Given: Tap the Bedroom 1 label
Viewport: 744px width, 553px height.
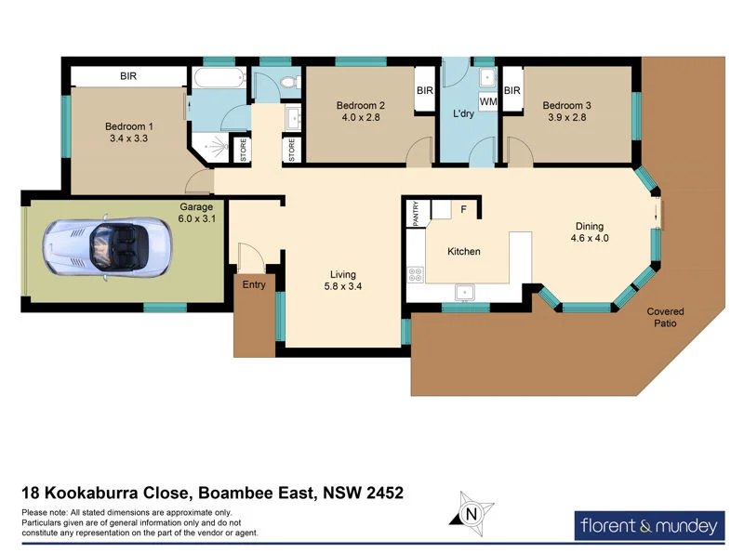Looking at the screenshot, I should tap(129, 126).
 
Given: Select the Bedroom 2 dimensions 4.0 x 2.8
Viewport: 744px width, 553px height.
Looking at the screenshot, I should tap(361, 119).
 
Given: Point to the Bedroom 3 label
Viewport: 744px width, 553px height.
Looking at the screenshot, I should tap(566, 106).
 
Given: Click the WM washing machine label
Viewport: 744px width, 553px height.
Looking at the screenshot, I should tap(487, 100).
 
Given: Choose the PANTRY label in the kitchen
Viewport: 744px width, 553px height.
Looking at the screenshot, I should tap(415, 214).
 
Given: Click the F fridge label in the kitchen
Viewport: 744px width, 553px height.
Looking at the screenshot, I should tap(461, 210).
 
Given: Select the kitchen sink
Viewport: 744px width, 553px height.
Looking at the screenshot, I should tap(461, 292).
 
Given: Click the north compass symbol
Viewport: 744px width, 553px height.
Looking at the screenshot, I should tap(472, 512).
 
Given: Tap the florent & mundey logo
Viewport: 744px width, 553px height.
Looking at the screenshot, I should tap(649, 526).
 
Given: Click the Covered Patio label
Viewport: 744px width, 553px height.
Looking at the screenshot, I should tap(665, 318).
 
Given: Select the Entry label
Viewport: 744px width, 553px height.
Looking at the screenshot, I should tap(253, 285).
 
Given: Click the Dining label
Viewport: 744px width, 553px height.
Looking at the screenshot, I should tap(589, 226).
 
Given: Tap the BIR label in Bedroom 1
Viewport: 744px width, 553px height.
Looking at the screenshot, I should tap(128, 76).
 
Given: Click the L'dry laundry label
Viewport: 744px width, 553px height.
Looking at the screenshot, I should tap(464, 114).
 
